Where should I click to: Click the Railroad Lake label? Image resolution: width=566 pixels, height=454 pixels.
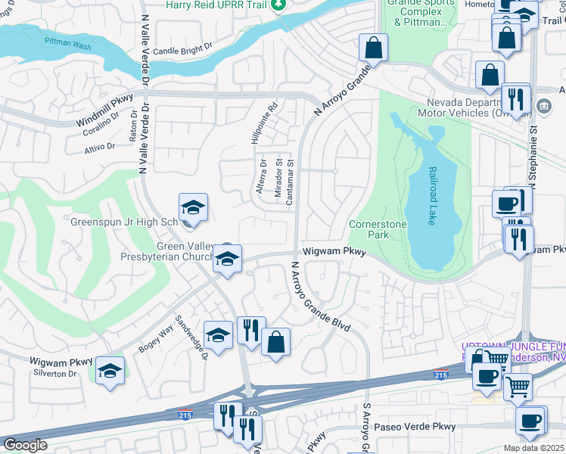[432, 196]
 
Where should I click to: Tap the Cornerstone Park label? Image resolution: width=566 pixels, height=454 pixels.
[378, 230]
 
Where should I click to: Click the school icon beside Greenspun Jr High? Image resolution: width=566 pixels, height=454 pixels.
[193, 207]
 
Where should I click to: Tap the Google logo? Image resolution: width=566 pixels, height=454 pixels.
[25, 445]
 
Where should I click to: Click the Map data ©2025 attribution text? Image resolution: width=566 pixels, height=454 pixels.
[533, 448]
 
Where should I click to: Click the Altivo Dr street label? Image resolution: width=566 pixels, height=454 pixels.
[99, 146]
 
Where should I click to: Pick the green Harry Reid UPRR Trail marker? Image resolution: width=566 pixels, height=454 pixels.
[279, 5]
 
